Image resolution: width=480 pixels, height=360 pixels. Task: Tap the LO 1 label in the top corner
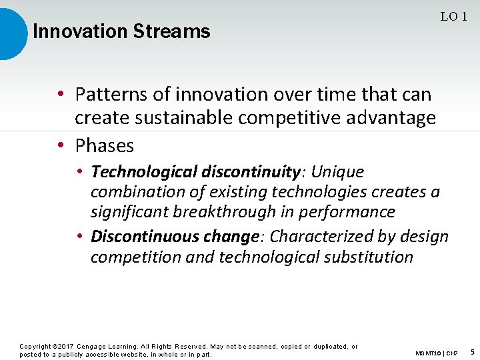(x=453, y=17)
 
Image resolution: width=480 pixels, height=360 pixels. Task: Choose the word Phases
(x=104, y=145)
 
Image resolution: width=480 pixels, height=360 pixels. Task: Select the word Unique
(x=337, y=172)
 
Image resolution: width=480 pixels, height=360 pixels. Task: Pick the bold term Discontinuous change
(x=175, y=237)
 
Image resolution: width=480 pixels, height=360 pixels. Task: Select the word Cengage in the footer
(x=94, y=347)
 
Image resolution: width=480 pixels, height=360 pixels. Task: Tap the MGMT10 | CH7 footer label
(x=436, y=352)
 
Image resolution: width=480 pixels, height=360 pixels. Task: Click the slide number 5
(x=472, y=351)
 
